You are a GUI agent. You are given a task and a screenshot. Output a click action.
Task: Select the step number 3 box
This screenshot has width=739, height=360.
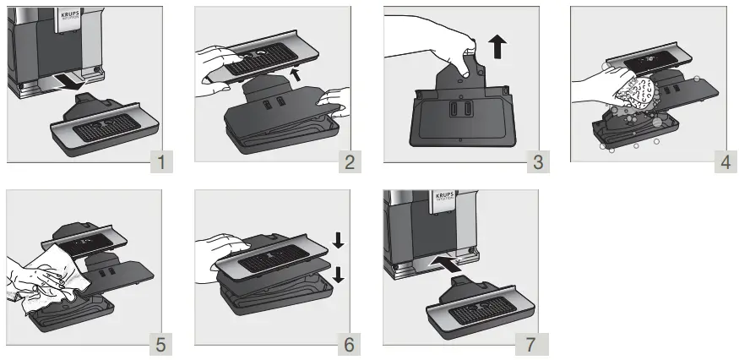535,160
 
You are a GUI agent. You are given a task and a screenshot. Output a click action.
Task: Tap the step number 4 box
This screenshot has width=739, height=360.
724,160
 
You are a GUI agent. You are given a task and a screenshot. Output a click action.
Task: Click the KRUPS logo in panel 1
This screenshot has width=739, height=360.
70,18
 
